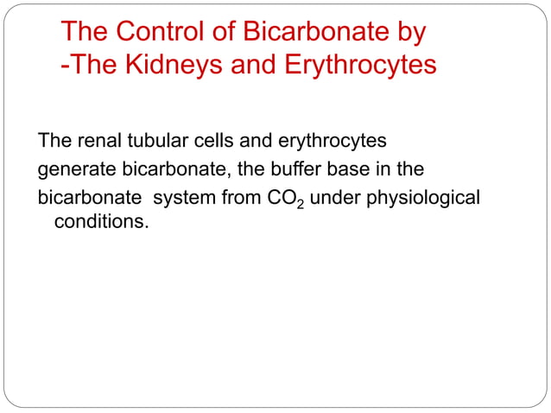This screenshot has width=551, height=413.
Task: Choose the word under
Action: (x=332, y=199)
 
